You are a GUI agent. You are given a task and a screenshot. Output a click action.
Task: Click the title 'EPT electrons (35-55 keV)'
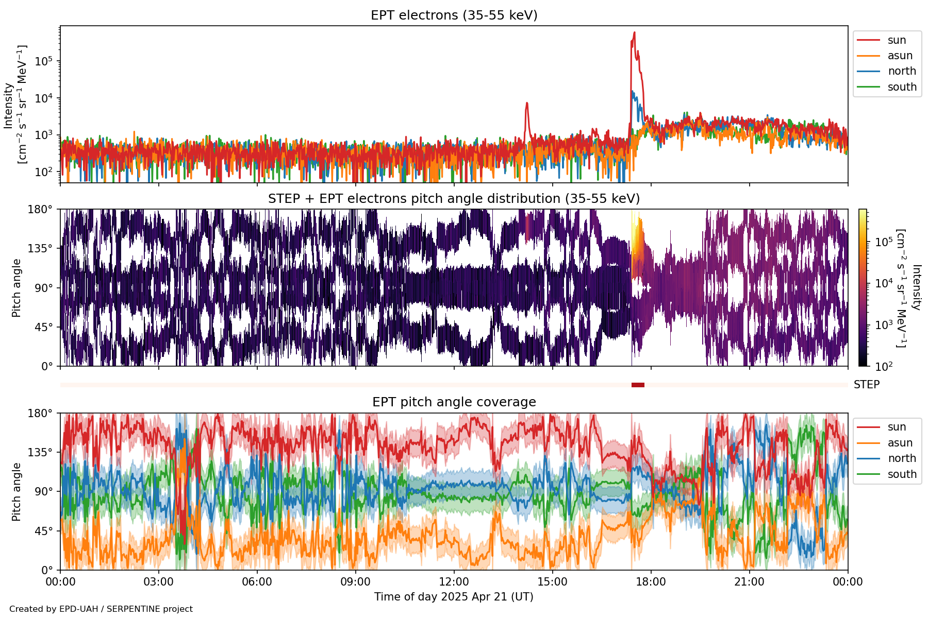[x=454, y=15]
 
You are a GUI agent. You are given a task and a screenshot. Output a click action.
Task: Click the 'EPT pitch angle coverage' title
[x=454, y=402]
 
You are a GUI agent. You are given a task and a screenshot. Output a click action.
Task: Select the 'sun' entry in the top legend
[x=897, y=40]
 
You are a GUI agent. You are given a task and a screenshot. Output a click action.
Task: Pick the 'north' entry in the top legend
[x=902, y=71]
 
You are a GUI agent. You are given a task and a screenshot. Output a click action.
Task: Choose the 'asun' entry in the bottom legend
[x=900, y=443]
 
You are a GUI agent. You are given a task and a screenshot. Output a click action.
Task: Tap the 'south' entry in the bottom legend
[x=902, y=474]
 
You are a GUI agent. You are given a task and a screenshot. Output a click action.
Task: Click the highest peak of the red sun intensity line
[x=634, y=32]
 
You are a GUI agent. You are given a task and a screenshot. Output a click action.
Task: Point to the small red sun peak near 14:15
[x=527, y=103]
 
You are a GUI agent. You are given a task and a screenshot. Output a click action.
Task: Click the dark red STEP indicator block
[x=638, y=385]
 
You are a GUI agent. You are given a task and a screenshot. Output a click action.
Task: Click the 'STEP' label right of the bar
[x=866, y=385]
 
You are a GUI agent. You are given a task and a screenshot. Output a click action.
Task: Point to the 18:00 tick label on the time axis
[x=651, y=582]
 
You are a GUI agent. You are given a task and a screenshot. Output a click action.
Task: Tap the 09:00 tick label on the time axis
[x=355, y=582]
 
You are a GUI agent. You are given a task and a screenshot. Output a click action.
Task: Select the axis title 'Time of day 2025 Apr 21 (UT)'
[x=454, y=597]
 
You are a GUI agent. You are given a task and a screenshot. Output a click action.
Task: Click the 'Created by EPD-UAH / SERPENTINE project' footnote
[x=101, y=609]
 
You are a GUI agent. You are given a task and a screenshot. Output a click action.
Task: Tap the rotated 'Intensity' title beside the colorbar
[x=916, y=287]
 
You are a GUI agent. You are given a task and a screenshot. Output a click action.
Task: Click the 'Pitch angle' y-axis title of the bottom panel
[x=16, y=491]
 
